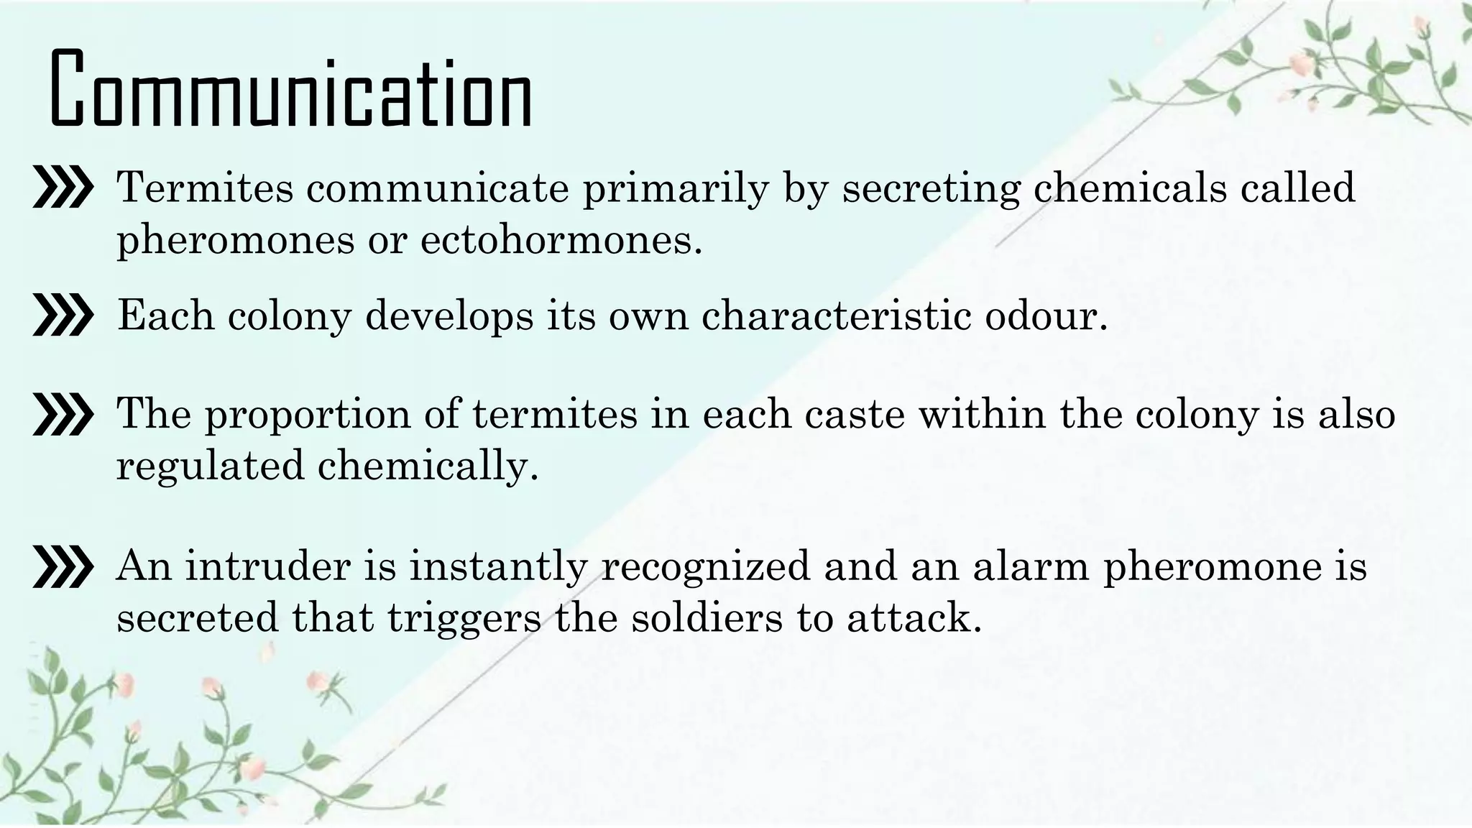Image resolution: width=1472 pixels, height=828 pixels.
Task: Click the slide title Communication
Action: [290, 90]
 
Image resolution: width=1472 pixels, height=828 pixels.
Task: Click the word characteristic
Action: [837, 316]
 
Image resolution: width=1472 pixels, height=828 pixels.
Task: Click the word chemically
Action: [428, 466]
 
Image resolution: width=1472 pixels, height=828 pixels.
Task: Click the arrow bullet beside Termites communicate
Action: [63, 189]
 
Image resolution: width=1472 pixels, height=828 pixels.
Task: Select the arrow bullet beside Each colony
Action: [63, 316]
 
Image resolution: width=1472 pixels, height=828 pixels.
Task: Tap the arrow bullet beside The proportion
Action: [63, 415]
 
